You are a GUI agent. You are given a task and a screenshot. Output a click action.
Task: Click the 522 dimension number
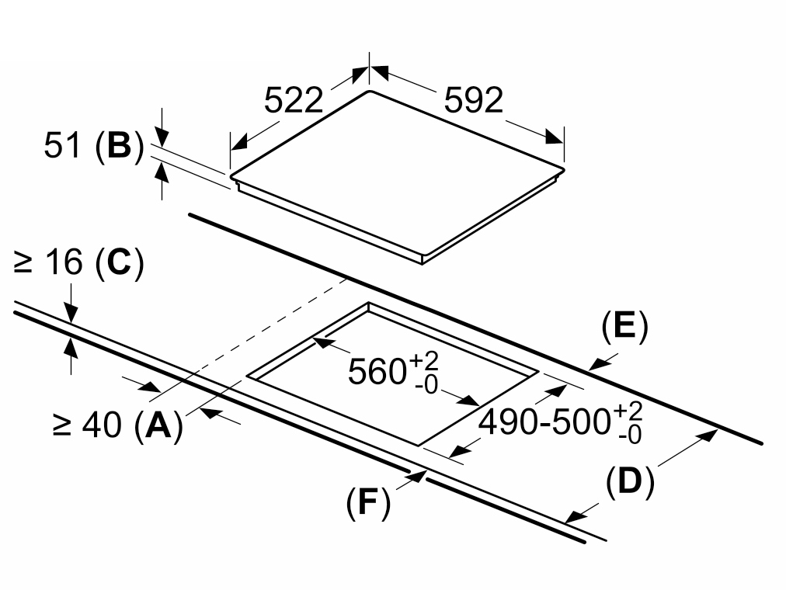tap(294, 100)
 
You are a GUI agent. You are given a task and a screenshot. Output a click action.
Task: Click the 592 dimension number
tap(474, 100)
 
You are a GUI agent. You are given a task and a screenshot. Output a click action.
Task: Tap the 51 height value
tap(62, 146)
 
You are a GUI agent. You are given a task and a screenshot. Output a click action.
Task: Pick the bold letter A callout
tap(158, 425)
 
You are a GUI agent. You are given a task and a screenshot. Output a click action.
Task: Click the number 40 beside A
tap(103, 425)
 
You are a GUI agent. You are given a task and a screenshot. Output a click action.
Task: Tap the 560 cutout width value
tap(376, 372)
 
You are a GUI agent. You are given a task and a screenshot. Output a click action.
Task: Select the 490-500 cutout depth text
tap(544, 422)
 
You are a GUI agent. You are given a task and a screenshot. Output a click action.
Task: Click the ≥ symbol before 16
tap(23, 263)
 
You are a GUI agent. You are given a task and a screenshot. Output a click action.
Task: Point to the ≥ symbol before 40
tap(61, 426)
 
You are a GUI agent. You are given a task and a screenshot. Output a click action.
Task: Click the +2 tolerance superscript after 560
tap(423, 361)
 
